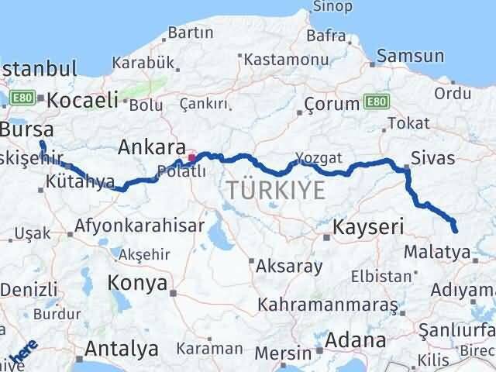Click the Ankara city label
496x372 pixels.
coord(152,146)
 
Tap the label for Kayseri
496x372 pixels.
coord(368,227)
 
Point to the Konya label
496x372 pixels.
coord(138,282)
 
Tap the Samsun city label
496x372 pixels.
coord(411,56)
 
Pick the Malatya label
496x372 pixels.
coord(437,252)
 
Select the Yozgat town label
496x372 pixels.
coord(319,157)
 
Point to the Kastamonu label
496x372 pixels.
coord(281,59)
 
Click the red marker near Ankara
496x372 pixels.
coord(191,157)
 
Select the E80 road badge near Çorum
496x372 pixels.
coord(377,102)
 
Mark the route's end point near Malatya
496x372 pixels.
coord(454,230)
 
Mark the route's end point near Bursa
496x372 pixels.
coord(42,143)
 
